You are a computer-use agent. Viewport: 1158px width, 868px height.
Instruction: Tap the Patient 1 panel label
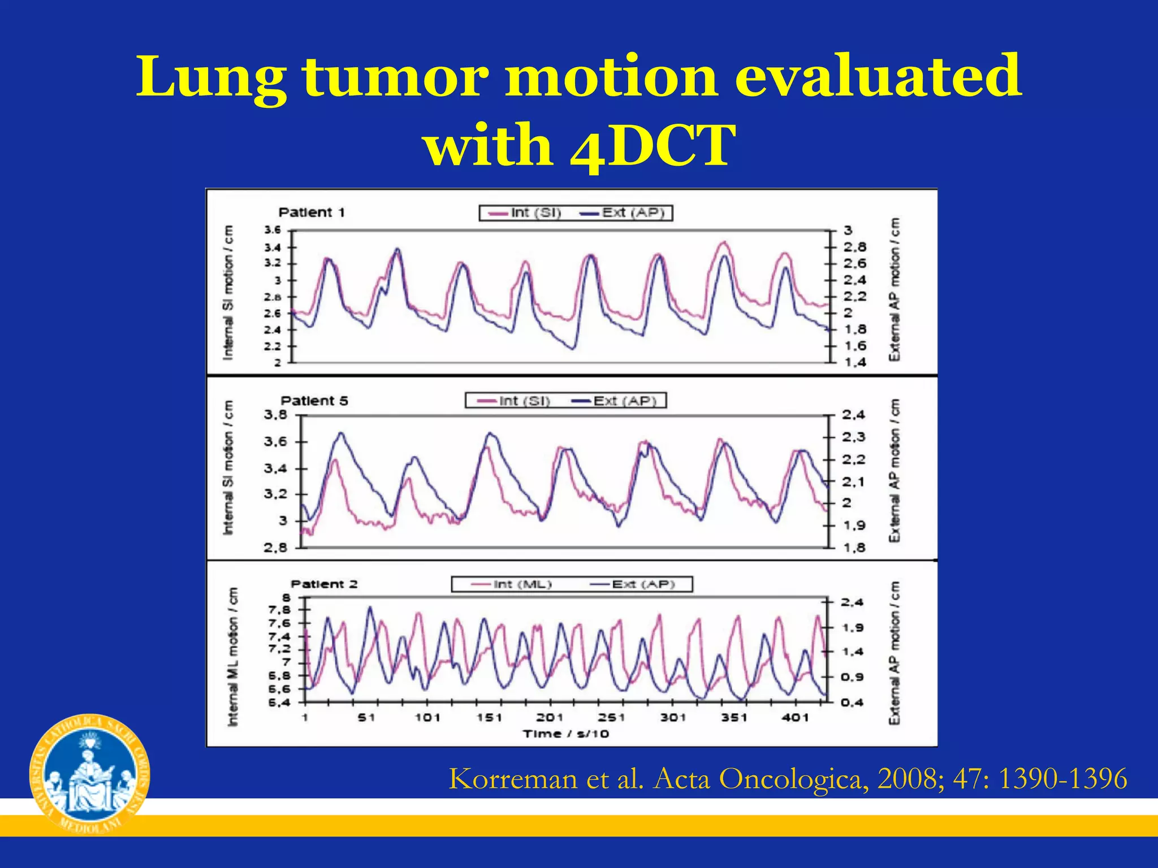[x=312, y=212]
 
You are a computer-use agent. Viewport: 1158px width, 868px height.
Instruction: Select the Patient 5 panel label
[x=314, y=401]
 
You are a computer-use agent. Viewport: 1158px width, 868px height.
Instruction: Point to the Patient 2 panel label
[x=324, y=584]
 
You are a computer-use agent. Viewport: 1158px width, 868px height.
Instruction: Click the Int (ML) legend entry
[x=512, y=584]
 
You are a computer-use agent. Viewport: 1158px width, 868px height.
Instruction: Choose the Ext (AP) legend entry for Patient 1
[x=623, y=213]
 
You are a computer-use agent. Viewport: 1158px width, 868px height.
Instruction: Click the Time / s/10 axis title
[x=565, y=734]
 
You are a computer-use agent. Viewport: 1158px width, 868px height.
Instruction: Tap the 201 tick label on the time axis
[x=550, y=718]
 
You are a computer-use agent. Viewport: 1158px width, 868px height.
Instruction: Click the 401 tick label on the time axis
[x=795, y=718]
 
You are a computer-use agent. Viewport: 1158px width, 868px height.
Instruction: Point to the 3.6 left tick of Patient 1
[x=272, y=230]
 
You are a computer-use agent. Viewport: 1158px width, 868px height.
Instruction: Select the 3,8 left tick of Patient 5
[x=275, y=415]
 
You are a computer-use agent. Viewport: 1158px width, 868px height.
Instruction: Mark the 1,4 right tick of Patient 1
[x=855, y=362]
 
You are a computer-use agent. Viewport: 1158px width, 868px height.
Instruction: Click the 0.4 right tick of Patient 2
[x=852, y=702]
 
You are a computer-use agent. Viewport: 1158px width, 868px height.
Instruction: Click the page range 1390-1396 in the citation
[x=1062, y=779]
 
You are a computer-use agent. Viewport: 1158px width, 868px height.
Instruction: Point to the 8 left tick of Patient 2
[x=287, y=598]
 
